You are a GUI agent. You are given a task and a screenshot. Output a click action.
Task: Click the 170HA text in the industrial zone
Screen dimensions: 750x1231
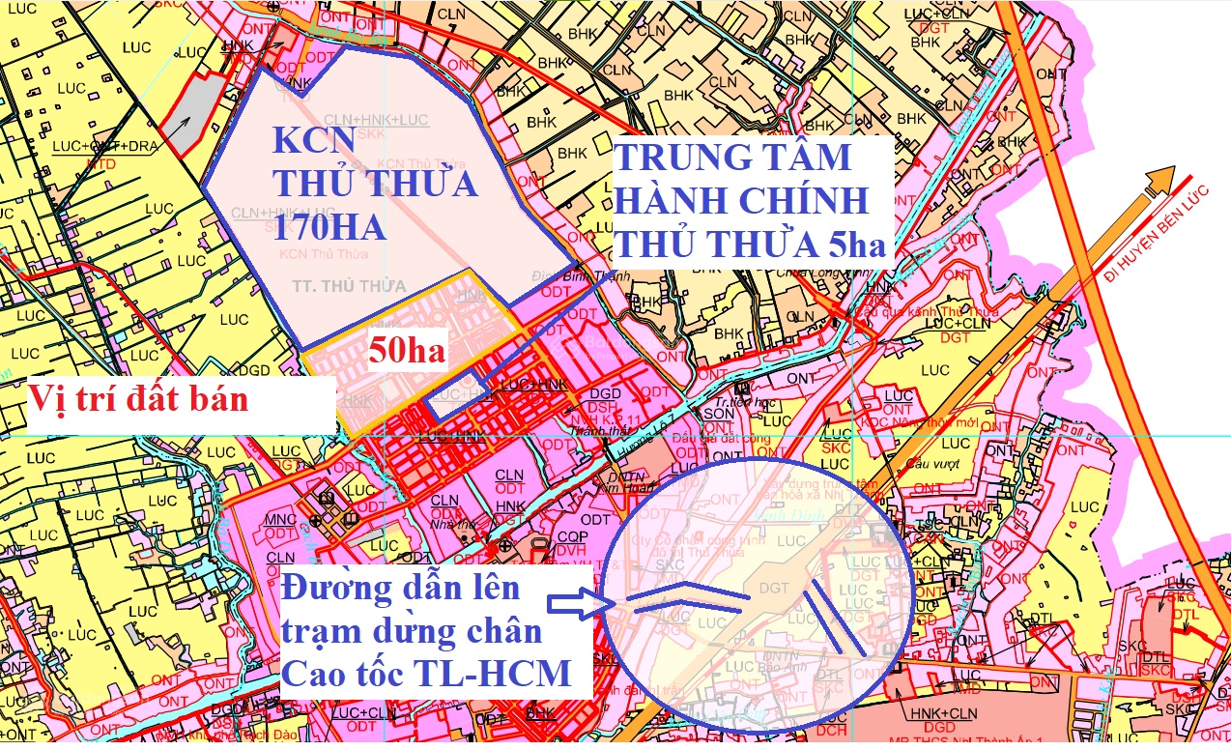pos(329,228)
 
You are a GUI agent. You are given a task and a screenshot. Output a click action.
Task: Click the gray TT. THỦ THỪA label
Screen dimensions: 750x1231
pos(335,286)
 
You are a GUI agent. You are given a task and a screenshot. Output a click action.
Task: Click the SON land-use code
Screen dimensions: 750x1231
pos(719,413)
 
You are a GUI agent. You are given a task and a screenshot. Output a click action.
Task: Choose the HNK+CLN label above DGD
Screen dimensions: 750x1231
pos(943,713)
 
